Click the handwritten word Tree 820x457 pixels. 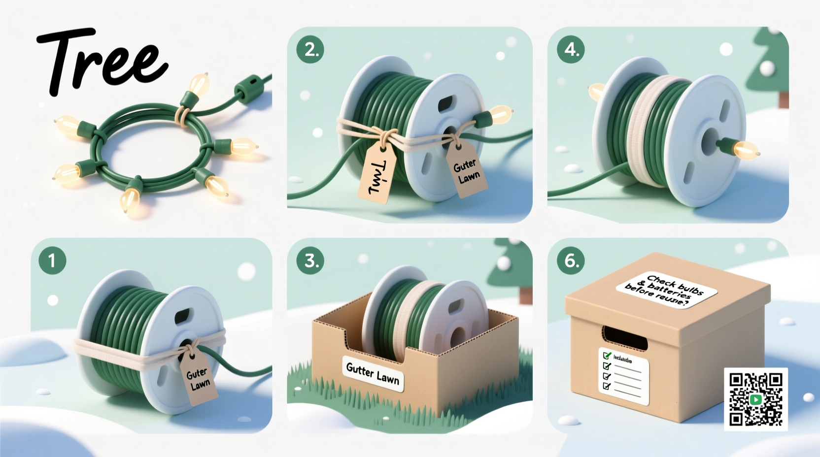[101, 62]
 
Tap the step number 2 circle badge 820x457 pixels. [310, 49]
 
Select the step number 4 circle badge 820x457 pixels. [571, 49]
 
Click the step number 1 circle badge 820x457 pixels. [52, 261]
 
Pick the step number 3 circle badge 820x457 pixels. [310, 261]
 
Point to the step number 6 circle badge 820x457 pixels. [571, 261]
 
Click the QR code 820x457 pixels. [755, 399]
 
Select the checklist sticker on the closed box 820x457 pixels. [623, 375]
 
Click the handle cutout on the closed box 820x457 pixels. [624, 338]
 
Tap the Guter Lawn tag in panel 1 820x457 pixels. [199, 378]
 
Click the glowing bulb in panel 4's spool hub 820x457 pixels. [742, 148]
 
